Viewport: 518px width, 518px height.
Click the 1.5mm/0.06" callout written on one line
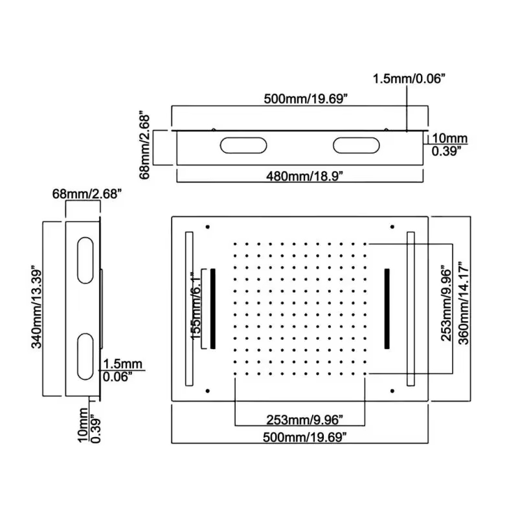pos(409,79)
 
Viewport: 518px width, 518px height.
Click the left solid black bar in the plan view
pos(212,308)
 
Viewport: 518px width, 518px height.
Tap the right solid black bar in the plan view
pos(387,308)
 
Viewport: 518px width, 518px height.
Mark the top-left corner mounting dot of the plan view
pos(208,227)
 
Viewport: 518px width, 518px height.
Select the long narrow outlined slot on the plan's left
pos(189,309)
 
